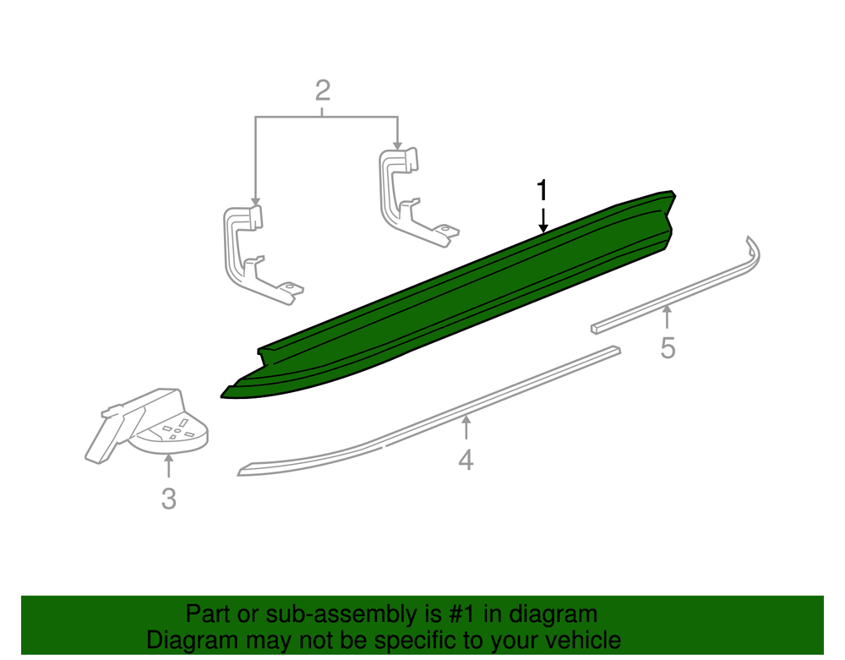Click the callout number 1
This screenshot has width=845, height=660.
(x=542, y=191)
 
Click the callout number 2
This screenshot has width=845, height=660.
(x=322, y=90)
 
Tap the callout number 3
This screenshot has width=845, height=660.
(x=169, y=499)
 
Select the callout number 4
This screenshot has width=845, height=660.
(x=466, y=460)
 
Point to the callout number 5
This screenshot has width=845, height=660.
(x=668, y=348)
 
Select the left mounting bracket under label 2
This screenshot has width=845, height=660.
(x=258, y=254)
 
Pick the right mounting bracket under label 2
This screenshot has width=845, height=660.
(x=414, y=197)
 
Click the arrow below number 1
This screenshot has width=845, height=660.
(x=543, y=221)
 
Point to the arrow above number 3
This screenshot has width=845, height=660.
(x=169, y=466)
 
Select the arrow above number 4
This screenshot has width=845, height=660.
(x=466, y=428)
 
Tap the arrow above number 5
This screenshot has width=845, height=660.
(x=668, y=316)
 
